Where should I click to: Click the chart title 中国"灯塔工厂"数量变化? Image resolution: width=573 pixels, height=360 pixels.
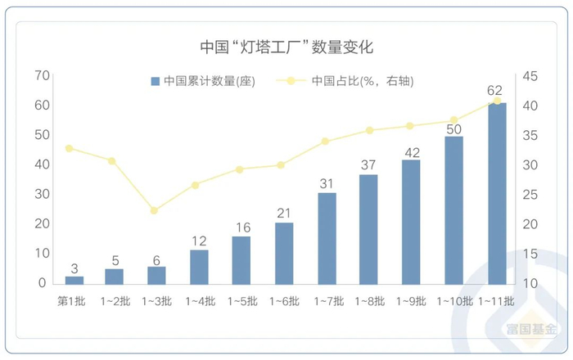click(286, 47)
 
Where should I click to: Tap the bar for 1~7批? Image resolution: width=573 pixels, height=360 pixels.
click(327, 238)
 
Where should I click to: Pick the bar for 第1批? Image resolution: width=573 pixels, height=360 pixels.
click(74, 280)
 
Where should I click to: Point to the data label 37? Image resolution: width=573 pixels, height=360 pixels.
click(368, 165)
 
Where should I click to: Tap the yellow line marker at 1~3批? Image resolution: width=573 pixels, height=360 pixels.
click(154, 210)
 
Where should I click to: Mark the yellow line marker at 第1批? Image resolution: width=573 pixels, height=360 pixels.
click(69, 148)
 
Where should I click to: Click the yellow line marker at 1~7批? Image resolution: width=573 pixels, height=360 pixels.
click(325, 141)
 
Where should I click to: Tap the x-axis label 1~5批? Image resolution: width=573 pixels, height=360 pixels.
click(241, 301)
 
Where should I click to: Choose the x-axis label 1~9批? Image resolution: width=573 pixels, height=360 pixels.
click(411, 301)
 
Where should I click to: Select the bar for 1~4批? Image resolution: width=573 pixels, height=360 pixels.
click(199, 266)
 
